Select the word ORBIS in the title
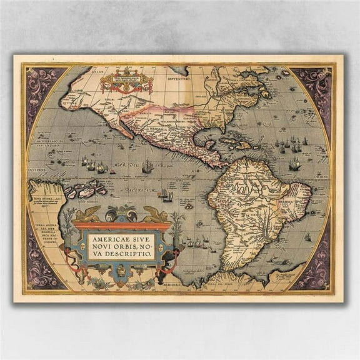coord(133,246)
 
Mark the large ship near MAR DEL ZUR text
coord(147,166)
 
